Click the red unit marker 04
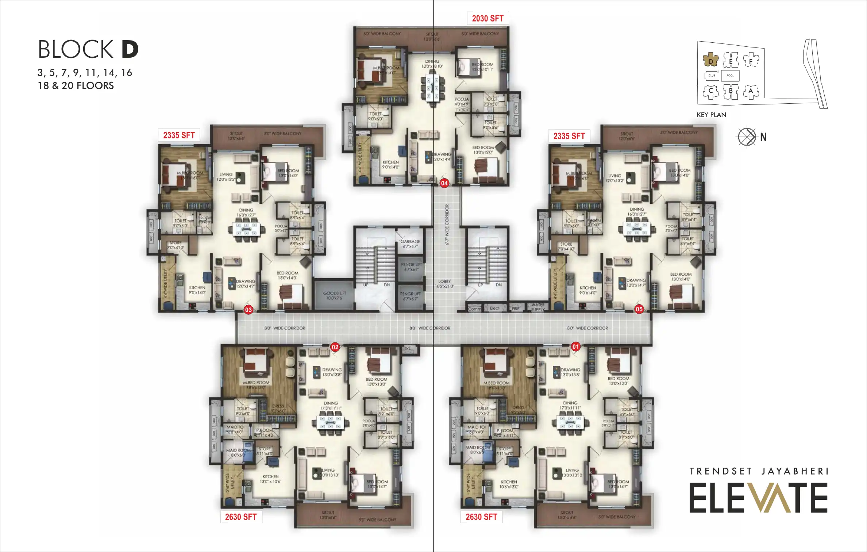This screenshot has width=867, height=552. coord(444,183)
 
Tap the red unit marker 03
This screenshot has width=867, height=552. coord(248,310)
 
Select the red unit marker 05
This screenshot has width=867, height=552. coord(639,309)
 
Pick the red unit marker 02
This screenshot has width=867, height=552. coord(335,347)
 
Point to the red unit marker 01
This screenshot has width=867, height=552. coord(575,346)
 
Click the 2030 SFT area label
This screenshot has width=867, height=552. coord(488,19)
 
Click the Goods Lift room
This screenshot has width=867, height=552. coord(334,295)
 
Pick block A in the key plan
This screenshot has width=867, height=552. coord(751,91)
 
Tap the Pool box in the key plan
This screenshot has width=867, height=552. coord(730,76)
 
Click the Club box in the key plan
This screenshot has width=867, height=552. coord(712,76)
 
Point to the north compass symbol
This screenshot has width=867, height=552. coord(747,137)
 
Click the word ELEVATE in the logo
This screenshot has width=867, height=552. coord(758,498)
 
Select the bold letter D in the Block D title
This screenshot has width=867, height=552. coord(130,50)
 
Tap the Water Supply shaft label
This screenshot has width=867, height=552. coord(538,307)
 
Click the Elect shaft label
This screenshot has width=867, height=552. coord(494,308)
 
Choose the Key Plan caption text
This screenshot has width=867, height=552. coord(711,115)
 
